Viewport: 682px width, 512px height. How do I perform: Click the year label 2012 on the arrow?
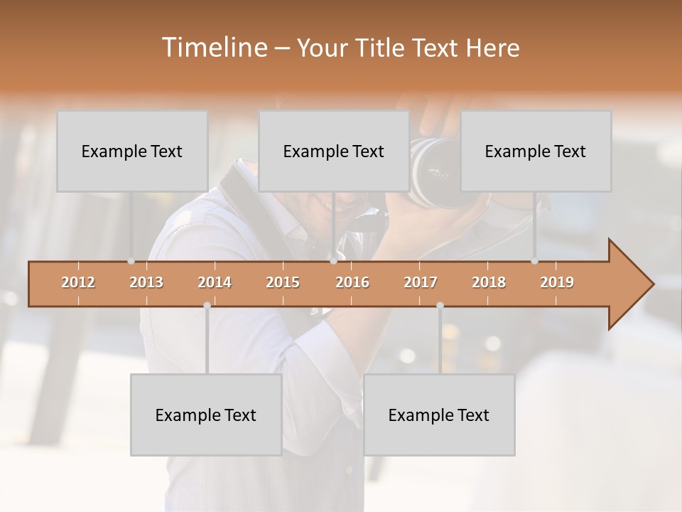(x=78, y=282)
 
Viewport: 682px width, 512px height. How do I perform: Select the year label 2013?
(x=146, y=282)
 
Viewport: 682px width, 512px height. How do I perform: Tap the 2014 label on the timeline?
(x=215, y=282)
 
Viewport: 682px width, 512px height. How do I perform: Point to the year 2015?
(x=283, y=282)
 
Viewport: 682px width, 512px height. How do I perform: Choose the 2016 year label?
(x=352, y=282)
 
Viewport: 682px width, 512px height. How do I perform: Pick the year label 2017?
(x=421, y=282)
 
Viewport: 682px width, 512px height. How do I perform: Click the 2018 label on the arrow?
(x=489, y=282)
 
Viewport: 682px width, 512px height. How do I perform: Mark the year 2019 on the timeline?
(x=557, y=282)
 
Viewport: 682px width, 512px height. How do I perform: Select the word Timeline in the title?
(x=213, y=48)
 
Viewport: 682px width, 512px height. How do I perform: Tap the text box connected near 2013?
(x=132, y=151)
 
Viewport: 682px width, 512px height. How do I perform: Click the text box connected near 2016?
(x=334, y=151)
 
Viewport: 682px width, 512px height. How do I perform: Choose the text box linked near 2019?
(x=536, y=151)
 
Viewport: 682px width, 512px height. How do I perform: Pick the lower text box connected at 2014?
(x=206, y=415)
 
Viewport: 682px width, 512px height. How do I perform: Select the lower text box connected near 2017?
(x=439, y=415)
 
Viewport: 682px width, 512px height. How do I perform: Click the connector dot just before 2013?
(x=131, y=261)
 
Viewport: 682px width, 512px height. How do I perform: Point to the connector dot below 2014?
(x=207, y=305)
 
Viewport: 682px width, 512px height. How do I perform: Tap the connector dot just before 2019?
(x=534, y=261)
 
